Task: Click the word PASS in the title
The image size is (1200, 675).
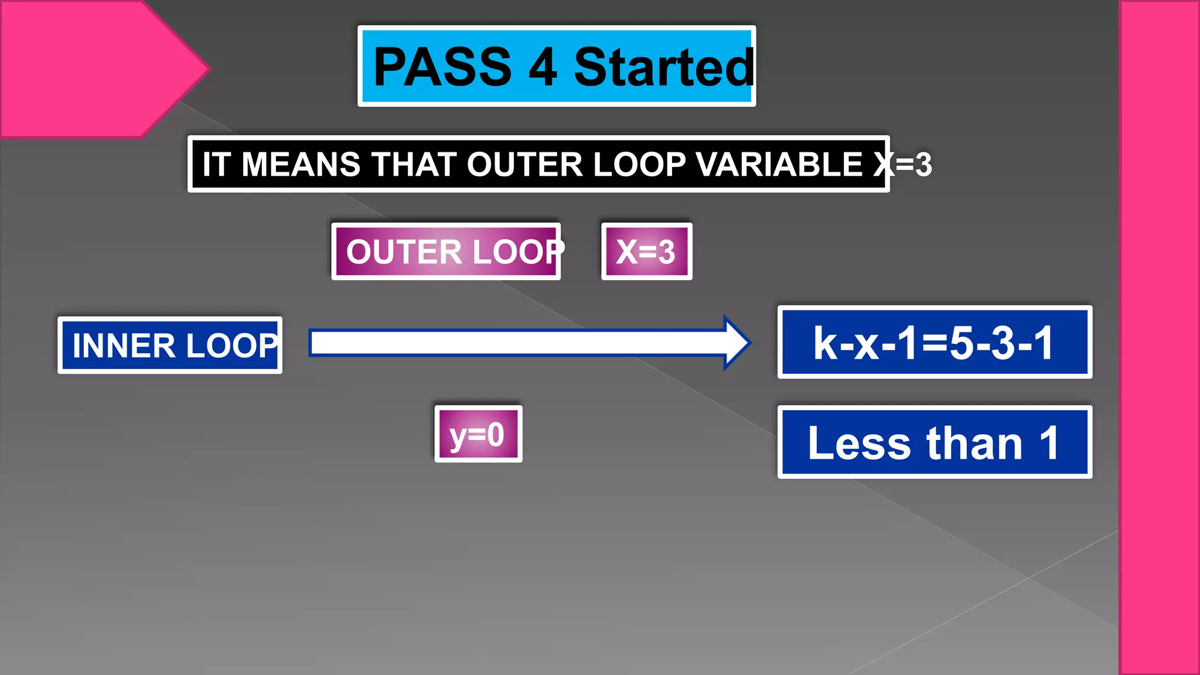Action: coord(442,67)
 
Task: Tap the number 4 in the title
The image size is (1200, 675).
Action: coord(543,67)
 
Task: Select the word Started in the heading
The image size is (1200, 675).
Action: coord(664,67)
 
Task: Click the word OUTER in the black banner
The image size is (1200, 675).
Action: coord(525,164)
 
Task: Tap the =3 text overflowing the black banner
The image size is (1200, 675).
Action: coord(914,165)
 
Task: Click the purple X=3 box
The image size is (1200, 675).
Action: coord(646,251)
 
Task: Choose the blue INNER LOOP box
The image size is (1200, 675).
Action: coord(170,345)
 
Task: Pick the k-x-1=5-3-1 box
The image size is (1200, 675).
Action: coord(934,342)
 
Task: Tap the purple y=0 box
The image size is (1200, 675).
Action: coord(478,434)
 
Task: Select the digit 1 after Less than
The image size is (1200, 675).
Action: coord(1049,443)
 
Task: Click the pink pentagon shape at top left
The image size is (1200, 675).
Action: coord(88,67)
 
